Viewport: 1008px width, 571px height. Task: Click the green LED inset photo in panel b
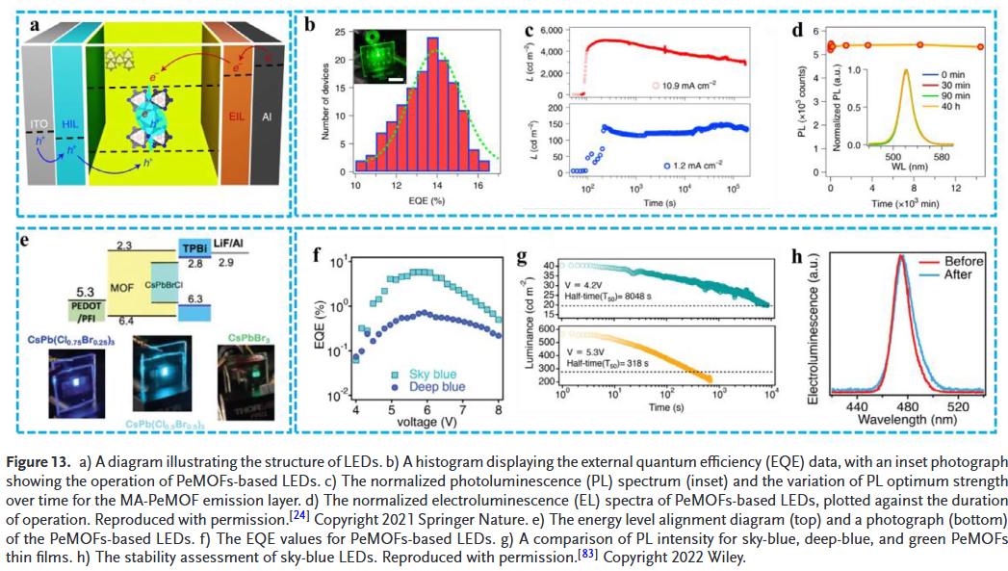click(378, 55)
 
